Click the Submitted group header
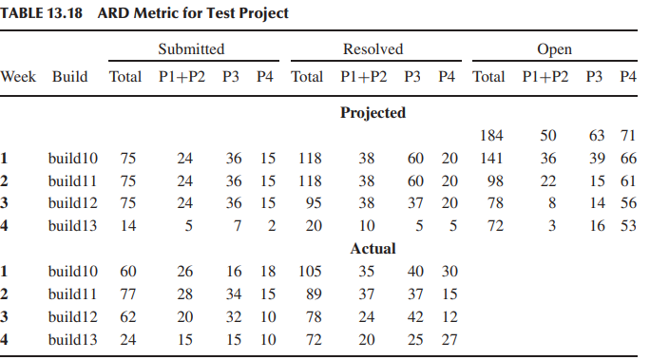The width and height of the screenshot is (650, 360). click(192, 49)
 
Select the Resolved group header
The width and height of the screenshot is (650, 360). click(373, 49)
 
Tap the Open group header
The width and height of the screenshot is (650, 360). click(555, 49)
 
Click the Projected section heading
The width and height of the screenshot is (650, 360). click(373, 113)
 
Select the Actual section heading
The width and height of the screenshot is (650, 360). click(373, 249)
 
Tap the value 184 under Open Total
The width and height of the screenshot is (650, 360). click(491, 136)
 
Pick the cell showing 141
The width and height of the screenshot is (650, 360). click(490, 159)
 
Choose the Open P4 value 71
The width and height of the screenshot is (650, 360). click(627, 136)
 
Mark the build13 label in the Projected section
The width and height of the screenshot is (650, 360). click(70, 227)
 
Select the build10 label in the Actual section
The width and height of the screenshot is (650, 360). click(70, 272)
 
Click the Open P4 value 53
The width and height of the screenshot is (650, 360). click(627, 227)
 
